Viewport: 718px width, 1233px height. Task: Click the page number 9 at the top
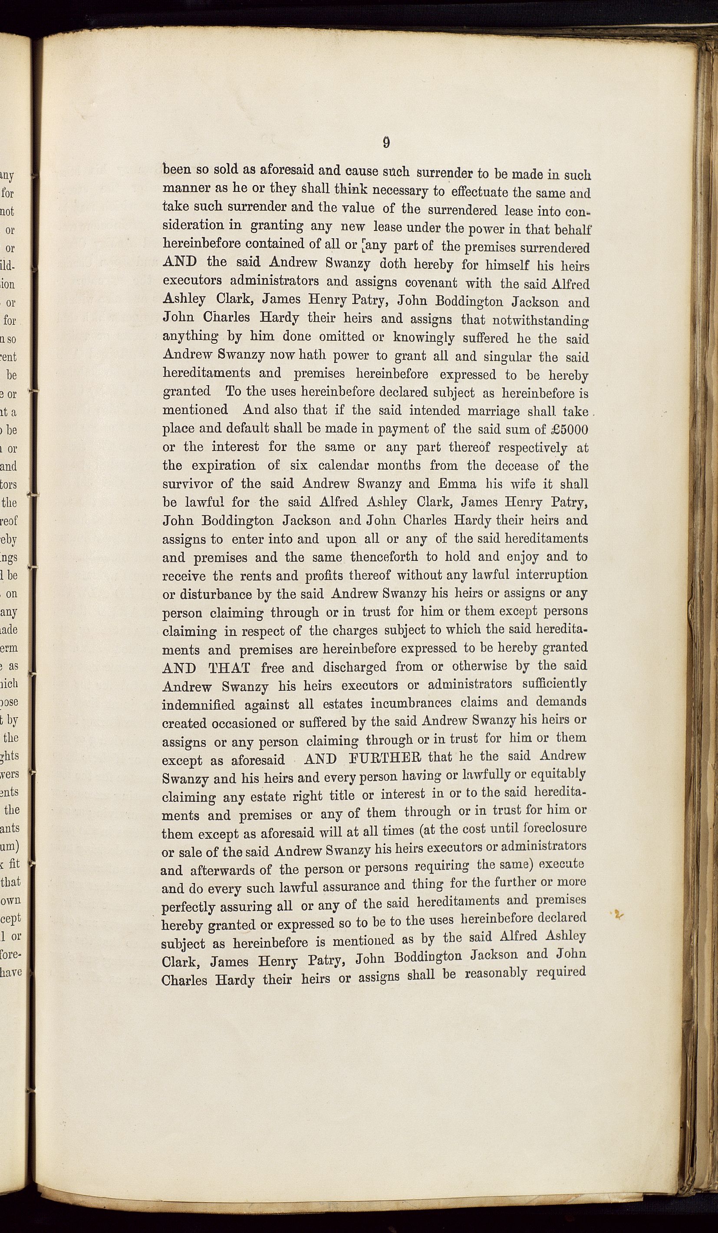[386, 142]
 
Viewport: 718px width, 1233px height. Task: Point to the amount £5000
[568, 429]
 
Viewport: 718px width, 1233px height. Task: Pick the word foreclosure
[555, 829]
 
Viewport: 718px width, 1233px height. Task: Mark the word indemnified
[198, 706]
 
